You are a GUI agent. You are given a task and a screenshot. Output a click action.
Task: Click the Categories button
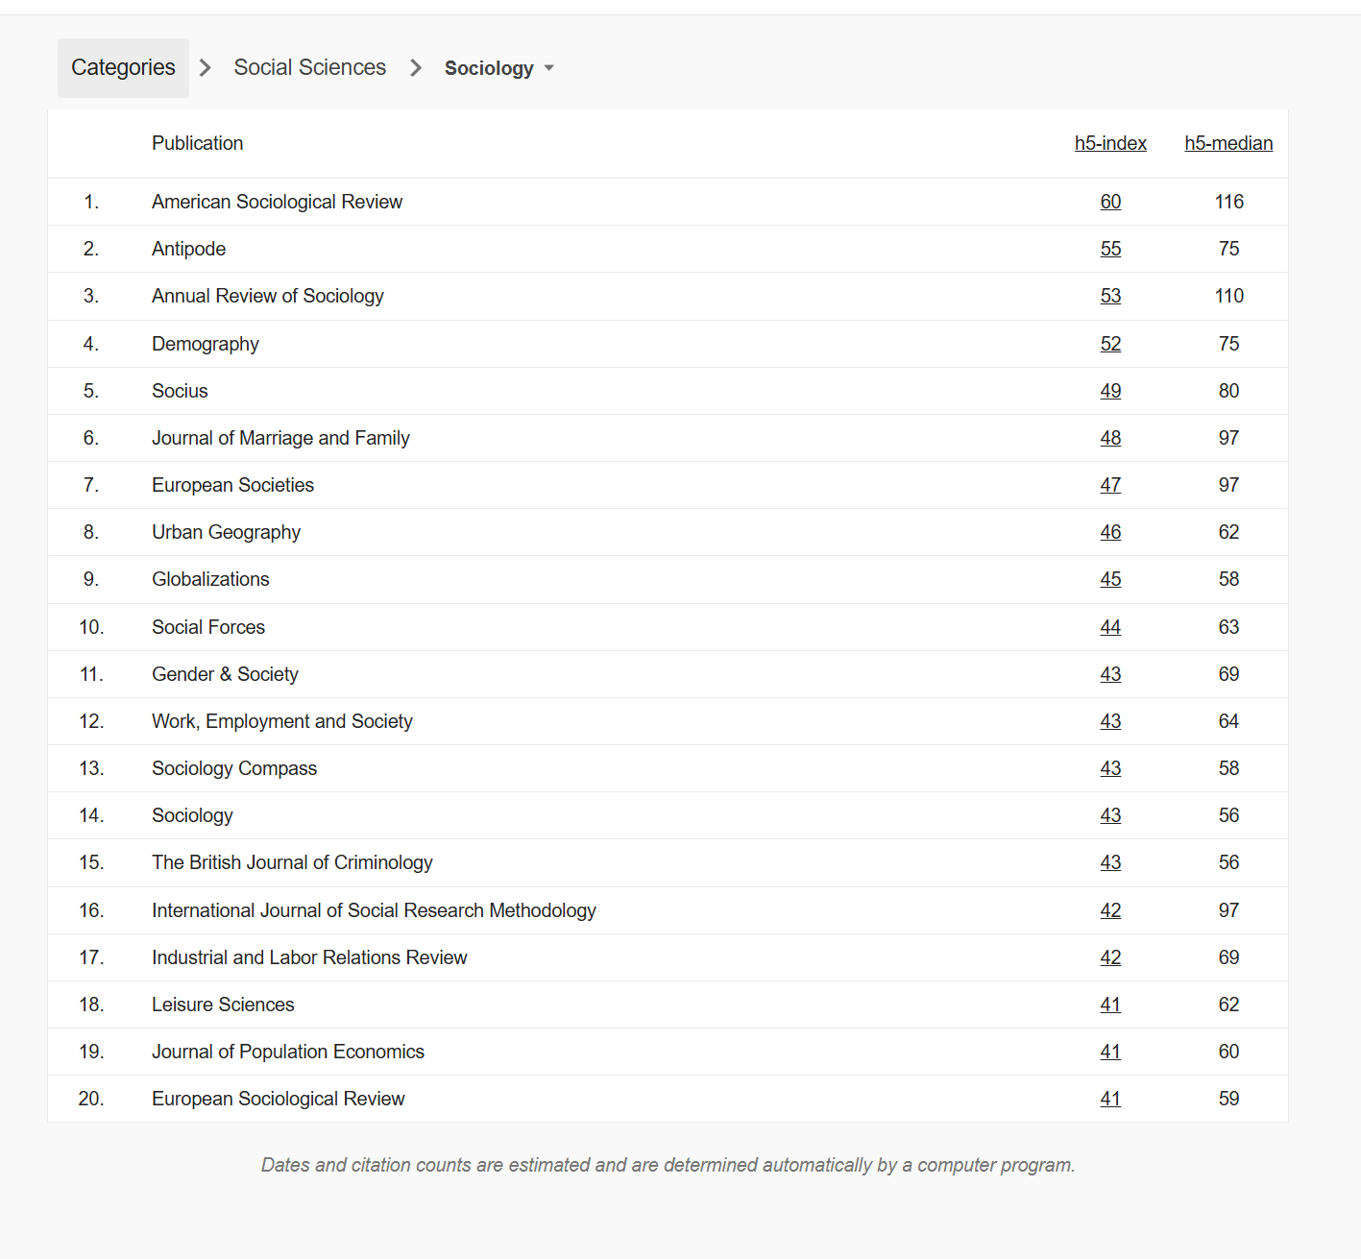[123, 68]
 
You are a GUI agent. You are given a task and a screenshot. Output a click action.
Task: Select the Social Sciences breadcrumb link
[309, 67]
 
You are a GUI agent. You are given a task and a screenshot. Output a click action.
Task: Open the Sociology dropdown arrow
[549, 68]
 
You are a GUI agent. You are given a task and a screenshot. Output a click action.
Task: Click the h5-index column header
[1110, 143]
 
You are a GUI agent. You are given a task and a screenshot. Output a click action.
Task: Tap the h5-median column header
[1228, 143]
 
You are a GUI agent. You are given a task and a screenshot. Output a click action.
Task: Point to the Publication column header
[197, 143]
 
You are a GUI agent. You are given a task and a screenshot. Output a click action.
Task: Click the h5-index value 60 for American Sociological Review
[1110, 202]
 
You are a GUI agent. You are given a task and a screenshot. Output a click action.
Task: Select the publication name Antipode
[188, 249]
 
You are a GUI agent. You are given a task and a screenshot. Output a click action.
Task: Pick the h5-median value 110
[1228, 296]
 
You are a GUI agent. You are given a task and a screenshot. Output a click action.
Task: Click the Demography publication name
[205, 344]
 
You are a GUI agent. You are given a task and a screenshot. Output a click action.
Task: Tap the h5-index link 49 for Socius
[1110, 391]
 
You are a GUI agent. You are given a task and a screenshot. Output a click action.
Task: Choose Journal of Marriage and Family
[280, 438]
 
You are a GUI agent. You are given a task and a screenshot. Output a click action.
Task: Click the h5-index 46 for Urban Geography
[1110, 532]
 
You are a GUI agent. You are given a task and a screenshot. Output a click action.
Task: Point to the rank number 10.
[91, 627]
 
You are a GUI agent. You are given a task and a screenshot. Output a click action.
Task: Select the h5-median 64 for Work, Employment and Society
[1228, 721]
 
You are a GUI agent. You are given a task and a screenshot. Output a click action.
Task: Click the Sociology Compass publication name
[233, 768]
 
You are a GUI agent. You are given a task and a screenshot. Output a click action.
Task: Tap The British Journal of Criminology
[292, 862]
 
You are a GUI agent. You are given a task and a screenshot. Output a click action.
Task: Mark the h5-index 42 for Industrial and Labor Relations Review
[1110, 957]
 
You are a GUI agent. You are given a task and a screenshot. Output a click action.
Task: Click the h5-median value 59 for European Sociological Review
[1228, 1099]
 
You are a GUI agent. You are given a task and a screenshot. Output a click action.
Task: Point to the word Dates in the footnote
[285, 1165]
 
